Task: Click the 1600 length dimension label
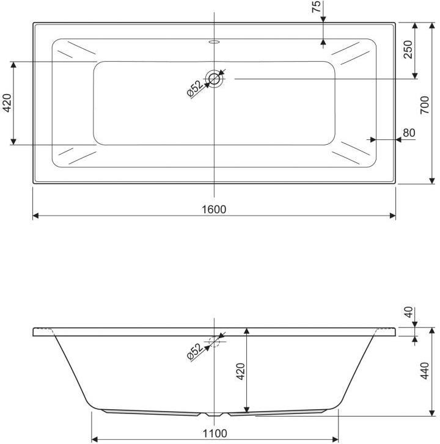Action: point(214,209)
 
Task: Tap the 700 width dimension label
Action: point(425,105)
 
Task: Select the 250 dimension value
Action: point(408,49)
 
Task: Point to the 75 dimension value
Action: point(316,6)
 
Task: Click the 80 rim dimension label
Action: point(409,133)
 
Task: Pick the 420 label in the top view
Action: point(7,103)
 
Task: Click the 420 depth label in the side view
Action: point(241,371)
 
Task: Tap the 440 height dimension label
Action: point(425,371)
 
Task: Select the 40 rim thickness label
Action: point(408,312)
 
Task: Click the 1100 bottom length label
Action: point(215,434)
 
